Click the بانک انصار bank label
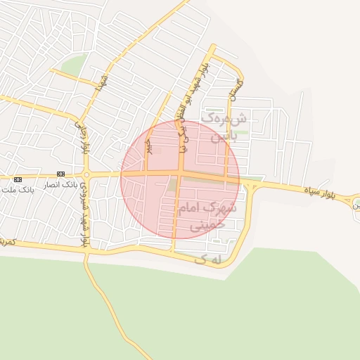coord(58,185)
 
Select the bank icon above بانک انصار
coord(60,174)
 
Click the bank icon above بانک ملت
coord(18,180)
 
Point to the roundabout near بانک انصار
coord(86,174)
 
